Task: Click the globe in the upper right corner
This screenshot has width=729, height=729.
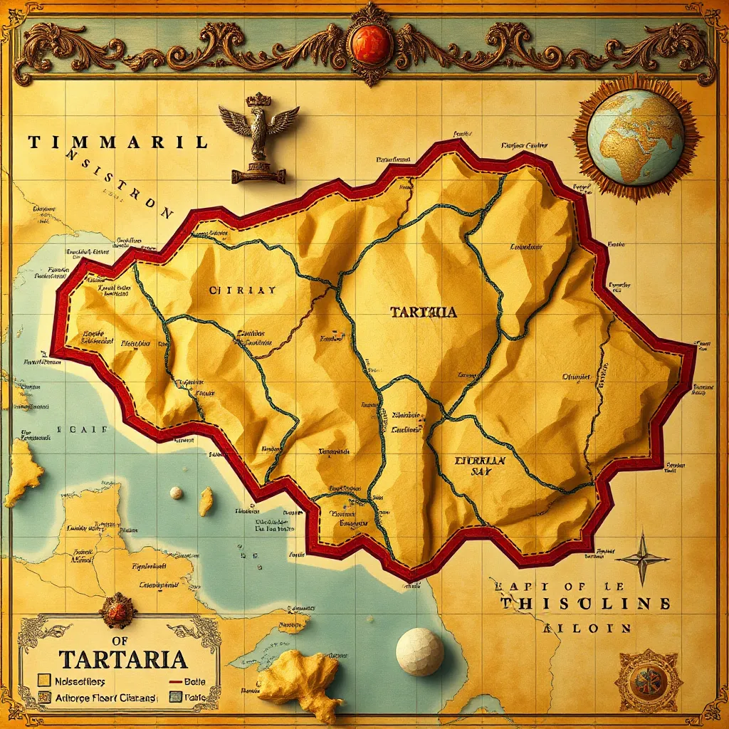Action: pos(636,137)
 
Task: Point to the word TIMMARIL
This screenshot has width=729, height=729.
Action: pos(118,142)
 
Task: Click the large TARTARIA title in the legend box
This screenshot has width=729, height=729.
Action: pos(123,658)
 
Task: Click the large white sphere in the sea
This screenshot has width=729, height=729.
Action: pos(419,651)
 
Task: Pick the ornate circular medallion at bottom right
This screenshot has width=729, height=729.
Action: pos(649,681)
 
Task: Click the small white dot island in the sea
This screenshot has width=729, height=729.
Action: pos(176,493)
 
